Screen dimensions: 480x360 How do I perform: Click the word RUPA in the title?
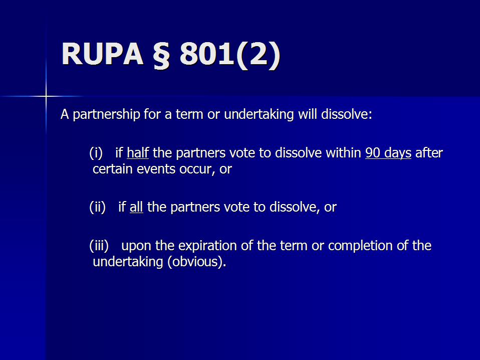[103, 54]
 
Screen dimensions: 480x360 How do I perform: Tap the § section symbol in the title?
[161, 55]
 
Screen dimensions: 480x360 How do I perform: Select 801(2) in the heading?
[229, 55]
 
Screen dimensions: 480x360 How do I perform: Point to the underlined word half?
[138, 152]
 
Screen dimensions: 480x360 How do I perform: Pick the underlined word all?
[136, 207]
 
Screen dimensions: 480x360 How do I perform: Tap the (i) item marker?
[96, 153]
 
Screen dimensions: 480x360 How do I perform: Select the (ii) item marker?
[97, 207]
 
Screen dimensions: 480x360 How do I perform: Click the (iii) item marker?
[99, 246]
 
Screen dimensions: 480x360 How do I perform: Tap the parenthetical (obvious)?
[196, 262]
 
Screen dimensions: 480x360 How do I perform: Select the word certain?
[112, 169]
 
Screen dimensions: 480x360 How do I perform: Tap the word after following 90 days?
[429, 152]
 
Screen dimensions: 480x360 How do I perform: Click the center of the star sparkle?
[46, 96]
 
